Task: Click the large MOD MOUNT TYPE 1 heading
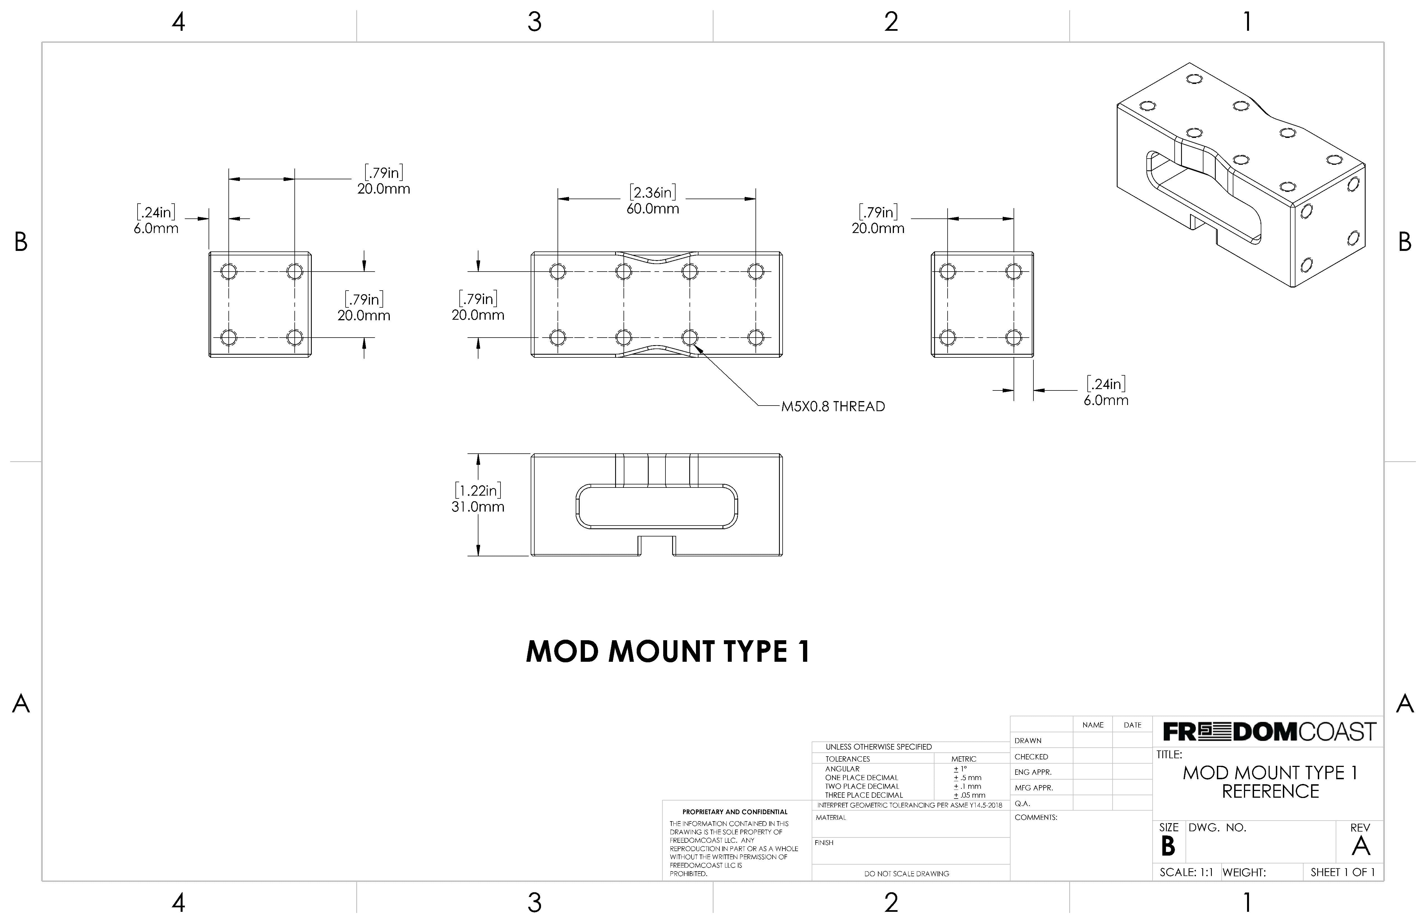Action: pyautogui.click(x=668, y=651)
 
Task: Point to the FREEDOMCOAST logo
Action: pyautogui.click(x=1269, y=732)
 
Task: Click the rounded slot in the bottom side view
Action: pyautogui.click(x=657, y=507)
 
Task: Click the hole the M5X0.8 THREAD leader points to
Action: pyautogui.click(x=690, y=337)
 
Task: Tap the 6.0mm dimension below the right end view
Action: pyautogui.click(x=1106, y=400)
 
